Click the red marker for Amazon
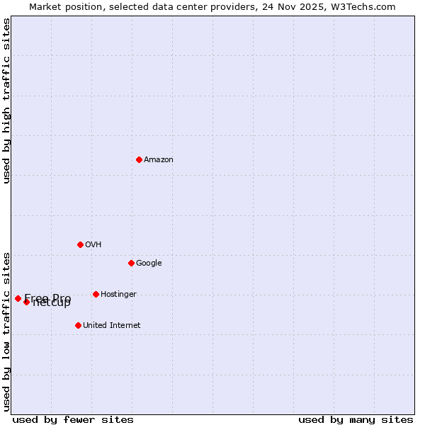139,159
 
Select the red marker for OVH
80,244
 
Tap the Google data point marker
131,263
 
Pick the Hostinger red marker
96,294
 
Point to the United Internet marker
78,325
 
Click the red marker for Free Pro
18,298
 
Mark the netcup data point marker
26,302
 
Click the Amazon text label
159,159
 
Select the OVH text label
93,244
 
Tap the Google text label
149,263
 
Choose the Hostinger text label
118,294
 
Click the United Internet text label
112,325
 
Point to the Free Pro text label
47,297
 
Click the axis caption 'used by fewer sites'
73,419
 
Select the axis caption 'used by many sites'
356,419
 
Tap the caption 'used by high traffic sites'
6,101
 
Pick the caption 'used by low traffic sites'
6,331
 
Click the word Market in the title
45,6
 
